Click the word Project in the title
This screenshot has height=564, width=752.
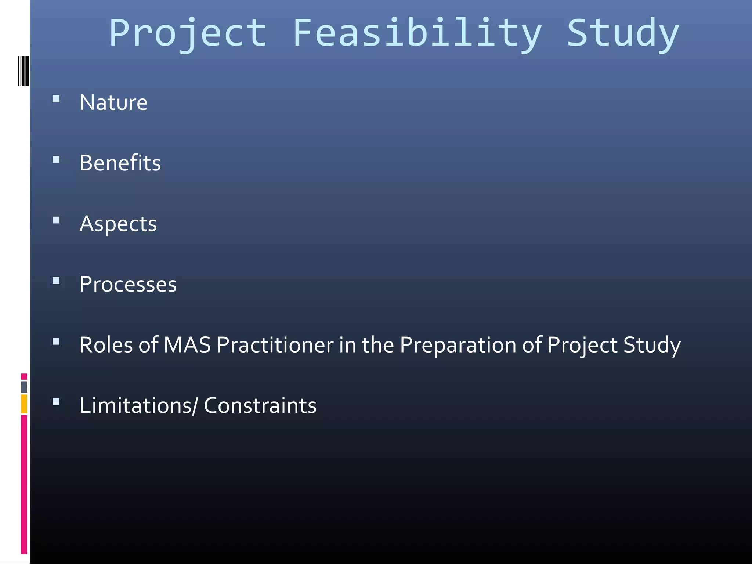[x=188, y=34]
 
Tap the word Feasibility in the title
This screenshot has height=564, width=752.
[x=417, y=34]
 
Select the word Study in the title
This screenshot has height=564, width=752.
[x=623, y=34]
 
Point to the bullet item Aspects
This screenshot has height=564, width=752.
[x=118, y=224]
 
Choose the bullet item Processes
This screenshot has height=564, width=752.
[x=128, y=284]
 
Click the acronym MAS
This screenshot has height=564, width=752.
[x=187, y=345]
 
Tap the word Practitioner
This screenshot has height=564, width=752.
[x=275, y=345]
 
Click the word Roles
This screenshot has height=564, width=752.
[x=106, y=345]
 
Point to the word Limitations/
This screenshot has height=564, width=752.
[x=138, y=405]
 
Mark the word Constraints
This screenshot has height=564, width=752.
[x=260, y=405]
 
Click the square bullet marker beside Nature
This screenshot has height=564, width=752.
[x=56, y=99]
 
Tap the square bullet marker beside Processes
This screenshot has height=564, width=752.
[x=56, y=281]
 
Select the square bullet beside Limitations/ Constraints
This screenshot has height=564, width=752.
[x=56, y=402]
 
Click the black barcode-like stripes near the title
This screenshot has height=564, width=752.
[x=24, y=71]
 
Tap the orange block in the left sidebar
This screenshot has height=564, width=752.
[x=24, y=404]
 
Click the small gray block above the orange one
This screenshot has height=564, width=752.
[x=24, y=387]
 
